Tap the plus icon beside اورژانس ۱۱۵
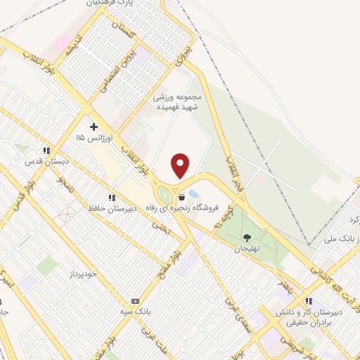point(93,127)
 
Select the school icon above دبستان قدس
point(46,150)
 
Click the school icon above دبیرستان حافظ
point(111,198)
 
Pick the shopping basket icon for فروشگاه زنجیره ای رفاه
point(183,198)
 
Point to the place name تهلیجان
point(247,250)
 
